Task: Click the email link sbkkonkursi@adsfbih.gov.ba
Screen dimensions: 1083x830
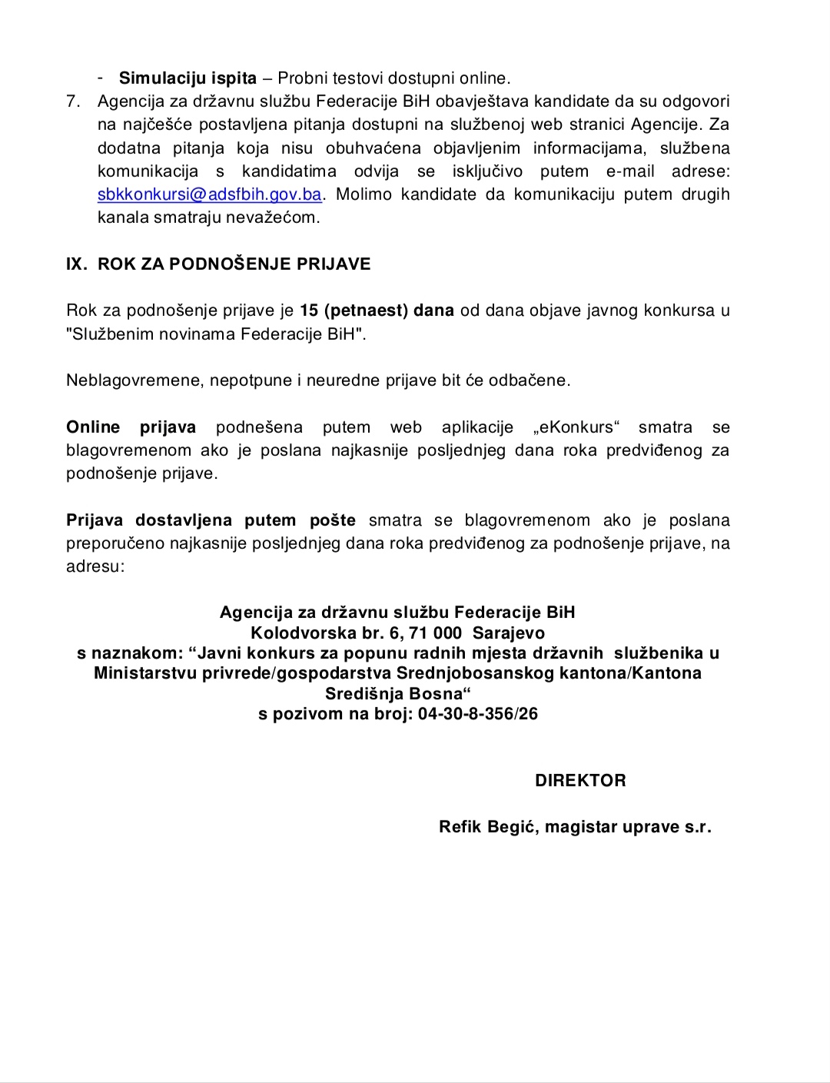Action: [209, 194]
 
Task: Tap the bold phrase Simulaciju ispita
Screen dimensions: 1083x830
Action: [188, 78]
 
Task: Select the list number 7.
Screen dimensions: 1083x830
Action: [73, 101]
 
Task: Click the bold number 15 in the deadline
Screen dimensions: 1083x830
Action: [309, 311]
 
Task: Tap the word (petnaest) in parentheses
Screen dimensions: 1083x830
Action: [366, 311]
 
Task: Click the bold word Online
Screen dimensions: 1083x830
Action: [93, 427]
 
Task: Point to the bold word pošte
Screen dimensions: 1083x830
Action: [333, 520]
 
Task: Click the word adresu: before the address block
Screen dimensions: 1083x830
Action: [95, 566]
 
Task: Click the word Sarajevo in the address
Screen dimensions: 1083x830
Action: [509, 633]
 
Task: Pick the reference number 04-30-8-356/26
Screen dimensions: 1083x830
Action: [478, 713]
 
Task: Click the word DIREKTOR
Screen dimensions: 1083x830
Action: [580, 780]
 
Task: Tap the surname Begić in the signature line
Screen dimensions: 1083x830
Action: [513, 827]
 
